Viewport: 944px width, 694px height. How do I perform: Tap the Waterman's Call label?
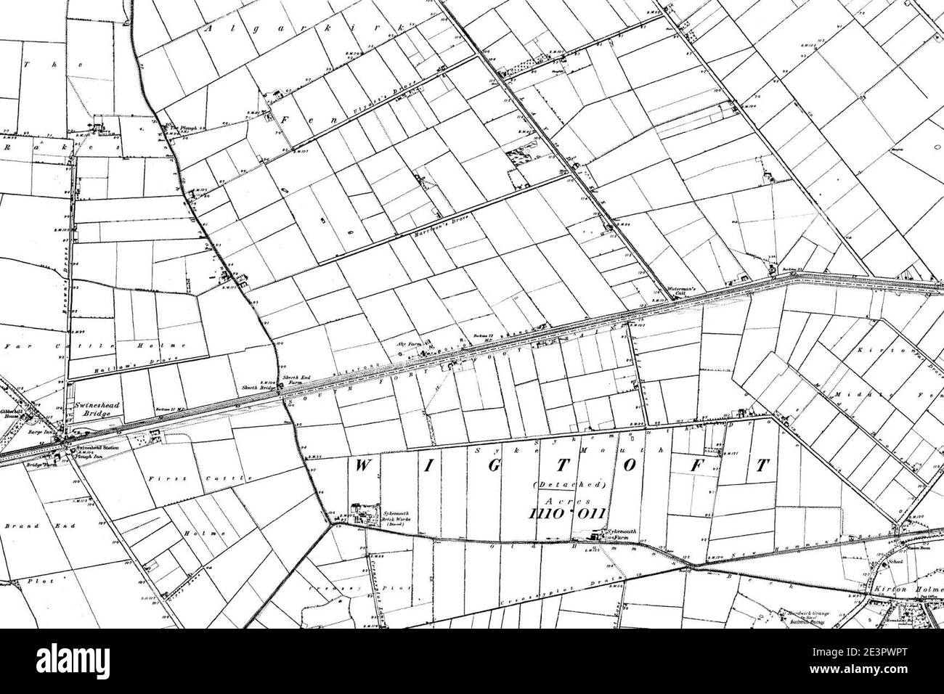(x=681, y=287)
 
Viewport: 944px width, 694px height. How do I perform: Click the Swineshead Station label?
(x=89, y=449)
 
